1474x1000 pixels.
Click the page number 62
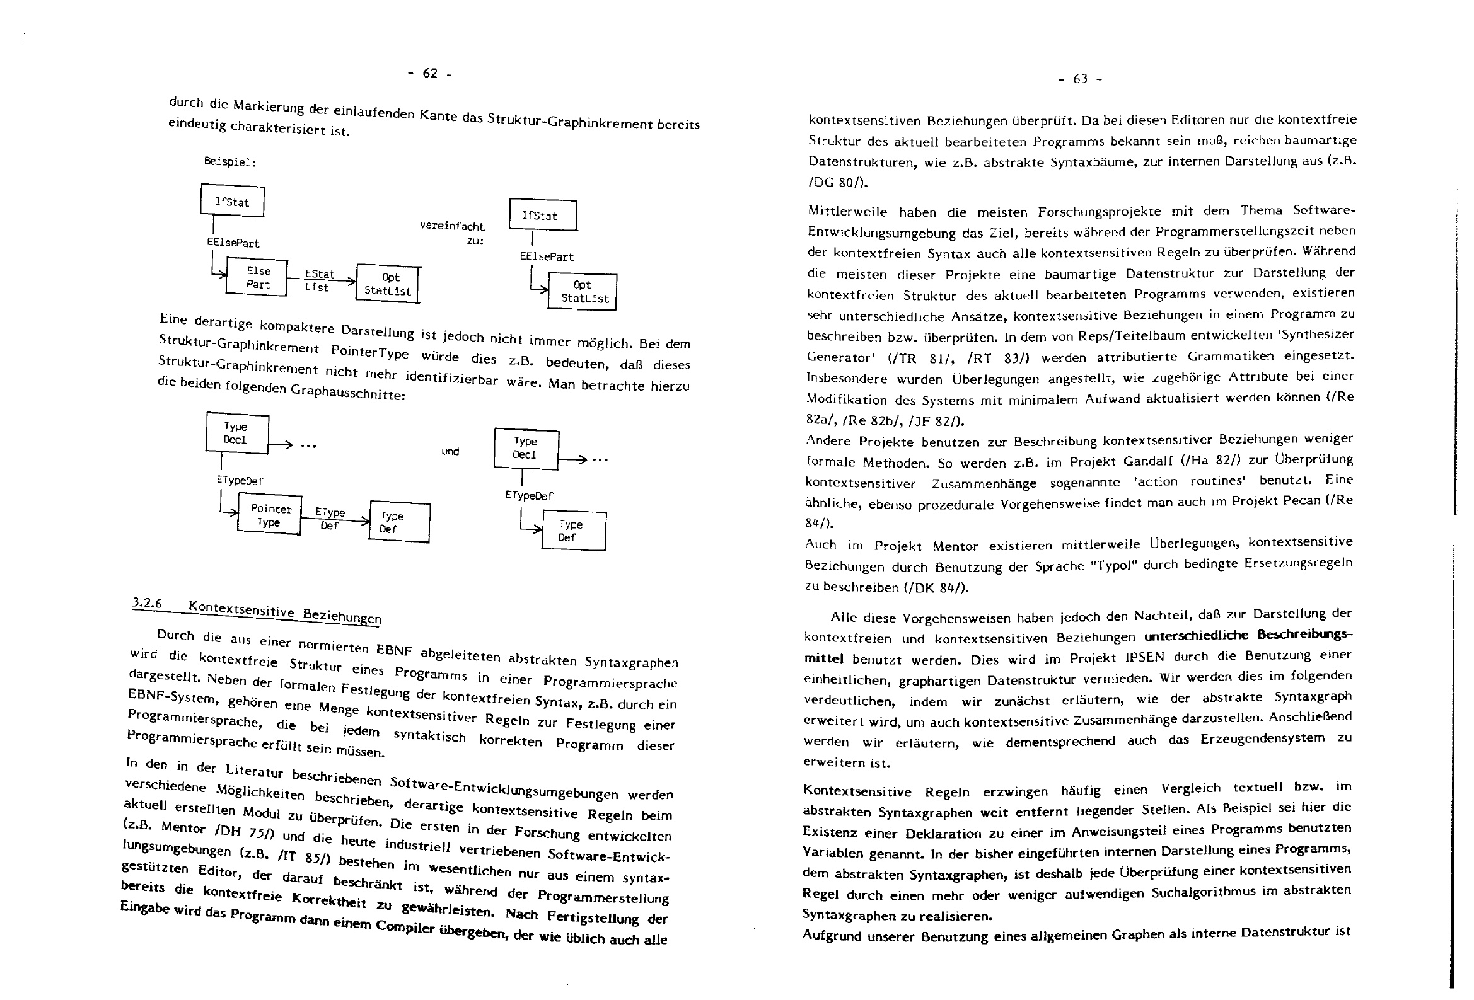430,74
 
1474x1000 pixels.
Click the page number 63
1080,79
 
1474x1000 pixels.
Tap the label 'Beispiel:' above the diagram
230,162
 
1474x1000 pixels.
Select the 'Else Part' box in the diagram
257,278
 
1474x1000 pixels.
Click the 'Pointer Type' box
270,515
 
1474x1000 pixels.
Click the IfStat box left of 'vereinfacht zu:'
232,201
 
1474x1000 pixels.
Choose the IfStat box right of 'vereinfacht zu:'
542,215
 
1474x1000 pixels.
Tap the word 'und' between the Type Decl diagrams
450,452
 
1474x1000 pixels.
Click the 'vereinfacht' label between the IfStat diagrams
451,226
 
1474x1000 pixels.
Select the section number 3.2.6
147,603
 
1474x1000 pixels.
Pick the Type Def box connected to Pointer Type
399,522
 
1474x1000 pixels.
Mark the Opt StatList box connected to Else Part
388,284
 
